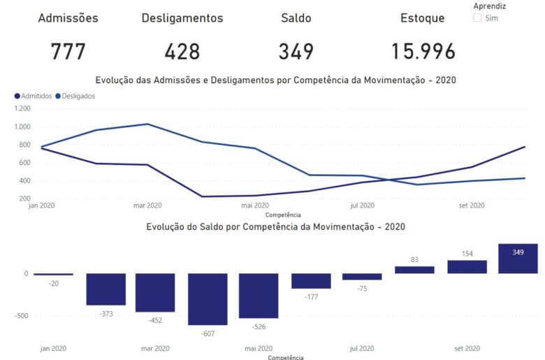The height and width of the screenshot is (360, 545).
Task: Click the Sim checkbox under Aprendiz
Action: tap(477, 18)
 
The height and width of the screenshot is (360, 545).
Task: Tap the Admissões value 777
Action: tap(68, 51)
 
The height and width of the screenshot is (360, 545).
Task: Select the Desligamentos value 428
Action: tap(182, 51)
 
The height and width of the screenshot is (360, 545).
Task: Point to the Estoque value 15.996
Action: tap(423, 51)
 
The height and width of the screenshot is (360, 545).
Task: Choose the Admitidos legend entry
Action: tap(33, 96)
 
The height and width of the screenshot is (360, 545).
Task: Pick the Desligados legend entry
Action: tap(75, 96)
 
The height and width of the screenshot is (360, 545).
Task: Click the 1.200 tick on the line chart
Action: tap(22, 109)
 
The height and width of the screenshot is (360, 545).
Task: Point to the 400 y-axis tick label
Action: tap(24, 180)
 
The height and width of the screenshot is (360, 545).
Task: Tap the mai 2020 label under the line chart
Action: tap(254, 206)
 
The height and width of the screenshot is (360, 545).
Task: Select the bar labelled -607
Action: tap(208, 299)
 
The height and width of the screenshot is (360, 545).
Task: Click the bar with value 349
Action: tap(518, 259)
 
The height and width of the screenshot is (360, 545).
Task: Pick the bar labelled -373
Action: tap(106, 289)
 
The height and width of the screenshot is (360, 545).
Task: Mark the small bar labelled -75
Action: tap(362, 277)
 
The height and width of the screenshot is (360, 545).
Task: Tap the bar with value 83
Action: tap(414, 270)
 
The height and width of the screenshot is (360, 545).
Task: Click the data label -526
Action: tap(259, 326)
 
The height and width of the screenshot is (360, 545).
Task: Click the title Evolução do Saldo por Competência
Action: tap(275, 227)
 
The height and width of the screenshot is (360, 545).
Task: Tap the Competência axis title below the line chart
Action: tap(283, 215)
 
